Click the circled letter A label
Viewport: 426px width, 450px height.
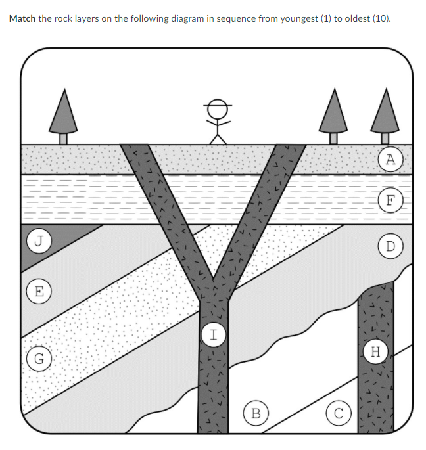point(391,159)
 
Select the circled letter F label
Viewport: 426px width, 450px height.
point(391,200)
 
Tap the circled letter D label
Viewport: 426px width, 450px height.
point(391,246)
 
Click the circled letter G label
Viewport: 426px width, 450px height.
point(39,359)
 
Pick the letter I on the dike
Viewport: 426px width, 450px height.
point(212,333)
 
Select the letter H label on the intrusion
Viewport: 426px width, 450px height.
point(375,352)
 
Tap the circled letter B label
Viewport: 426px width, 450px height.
point(256,414)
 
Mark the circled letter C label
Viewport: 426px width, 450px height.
point(338,414)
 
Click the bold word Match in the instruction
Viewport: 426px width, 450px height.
point(22,18)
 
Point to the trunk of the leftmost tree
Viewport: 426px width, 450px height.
point(63,138)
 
